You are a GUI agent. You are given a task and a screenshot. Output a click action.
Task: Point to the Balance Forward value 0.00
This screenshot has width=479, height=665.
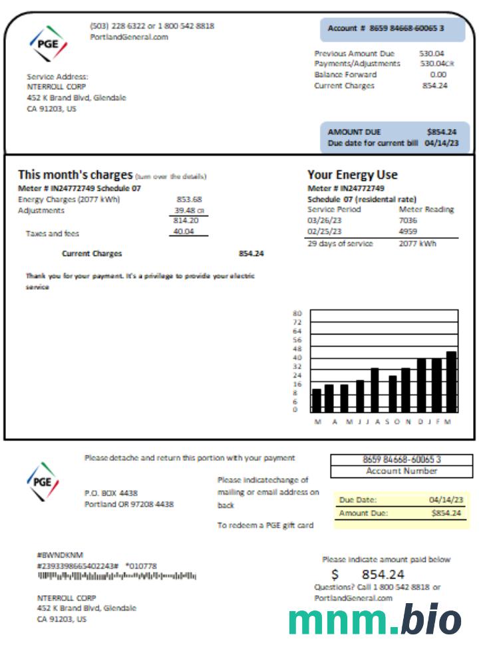tap(438, 75)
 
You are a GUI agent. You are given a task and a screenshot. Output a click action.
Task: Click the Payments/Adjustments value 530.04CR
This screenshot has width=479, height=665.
tap(436, 64)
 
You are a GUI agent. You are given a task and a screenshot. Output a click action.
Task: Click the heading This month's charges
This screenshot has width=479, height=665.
tap(75, 175)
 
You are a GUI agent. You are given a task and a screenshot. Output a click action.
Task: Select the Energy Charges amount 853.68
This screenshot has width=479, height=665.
tap(189, 199)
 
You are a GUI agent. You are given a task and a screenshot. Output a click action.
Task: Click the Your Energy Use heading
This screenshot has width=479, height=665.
tap(352, 175)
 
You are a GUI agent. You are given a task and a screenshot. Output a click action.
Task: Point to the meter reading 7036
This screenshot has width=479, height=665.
tap(407, 220)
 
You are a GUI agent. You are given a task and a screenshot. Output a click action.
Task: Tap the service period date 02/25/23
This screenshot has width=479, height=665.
tap(325, 231)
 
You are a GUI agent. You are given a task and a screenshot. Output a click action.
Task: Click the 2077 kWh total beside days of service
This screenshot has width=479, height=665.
tap(417, 243)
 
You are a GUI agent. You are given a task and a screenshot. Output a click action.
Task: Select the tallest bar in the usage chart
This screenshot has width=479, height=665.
tap(451, 382)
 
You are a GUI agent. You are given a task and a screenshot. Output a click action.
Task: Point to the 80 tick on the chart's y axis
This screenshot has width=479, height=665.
tap(297, 313)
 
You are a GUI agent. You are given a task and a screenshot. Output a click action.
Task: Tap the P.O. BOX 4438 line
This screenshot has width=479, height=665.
tap(111, 493)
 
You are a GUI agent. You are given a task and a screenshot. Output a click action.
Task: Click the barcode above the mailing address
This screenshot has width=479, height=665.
tap(116, 576)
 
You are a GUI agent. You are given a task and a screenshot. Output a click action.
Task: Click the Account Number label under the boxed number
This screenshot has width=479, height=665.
tap(401, 471)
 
